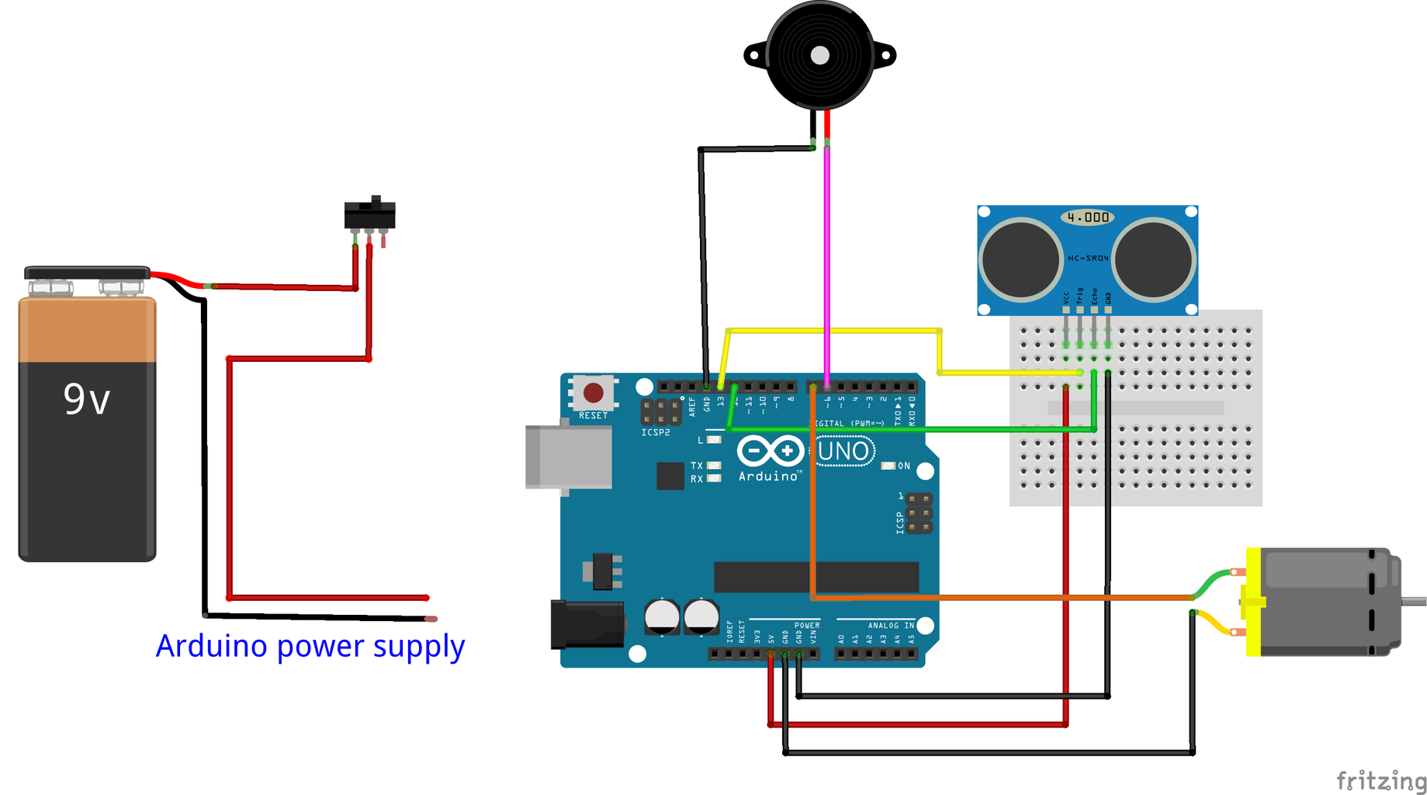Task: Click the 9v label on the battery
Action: [87, 400]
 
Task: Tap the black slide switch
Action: [370, 214]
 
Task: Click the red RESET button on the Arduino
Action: [594, 393]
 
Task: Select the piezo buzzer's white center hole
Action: [819, 55]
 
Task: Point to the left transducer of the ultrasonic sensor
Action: [1020, 259]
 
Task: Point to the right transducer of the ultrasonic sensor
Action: [1153, 259]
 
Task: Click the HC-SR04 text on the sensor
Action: [1088, 258]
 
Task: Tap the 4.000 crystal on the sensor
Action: [1088, 217]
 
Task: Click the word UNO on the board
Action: [844, 451]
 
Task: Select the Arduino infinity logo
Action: [770, 450]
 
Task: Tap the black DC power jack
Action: [587, 624]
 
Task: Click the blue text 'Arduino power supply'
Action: [310, 646]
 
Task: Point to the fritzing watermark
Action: [1380, 779]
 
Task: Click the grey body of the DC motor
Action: [1319, 602]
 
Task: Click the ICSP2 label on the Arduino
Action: [656, 432]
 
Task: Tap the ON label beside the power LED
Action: [904, 466]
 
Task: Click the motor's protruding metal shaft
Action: [1415, 600]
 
